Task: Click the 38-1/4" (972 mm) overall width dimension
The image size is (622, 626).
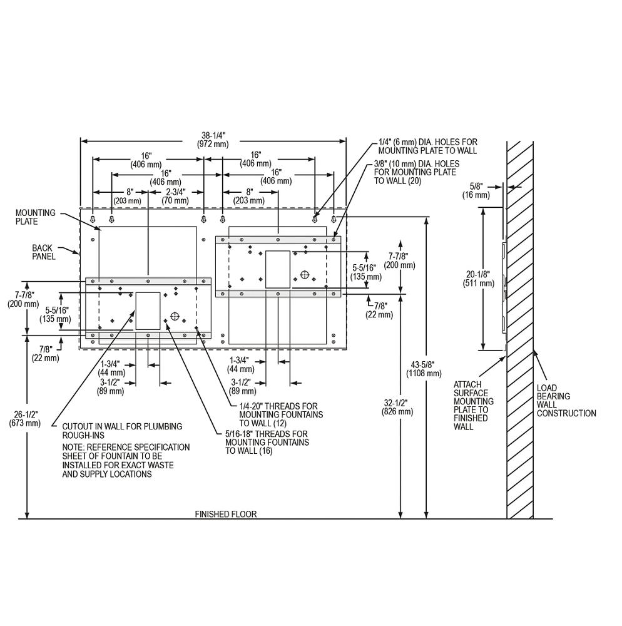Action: click(x=213, y=140)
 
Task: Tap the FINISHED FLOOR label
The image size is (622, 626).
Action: click(x=226, y=514)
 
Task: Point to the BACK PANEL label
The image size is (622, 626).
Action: click(x=44, y=252)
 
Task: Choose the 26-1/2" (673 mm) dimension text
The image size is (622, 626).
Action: click(x=25, y=418)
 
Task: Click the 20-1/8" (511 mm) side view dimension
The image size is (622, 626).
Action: click(x=478, y=279)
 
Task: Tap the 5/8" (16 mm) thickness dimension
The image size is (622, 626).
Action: click(x=476, y=191)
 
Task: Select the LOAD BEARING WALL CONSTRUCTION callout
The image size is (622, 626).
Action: click(x=566, y=401)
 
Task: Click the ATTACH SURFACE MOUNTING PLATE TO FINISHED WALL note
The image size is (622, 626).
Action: click(x=474, y=406)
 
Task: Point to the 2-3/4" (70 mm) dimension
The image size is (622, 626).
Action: click(x=175, y=195)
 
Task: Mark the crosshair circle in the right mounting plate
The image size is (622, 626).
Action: click(x=304, y=275)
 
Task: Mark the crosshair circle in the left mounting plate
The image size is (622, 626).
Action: click(x=175, y=316)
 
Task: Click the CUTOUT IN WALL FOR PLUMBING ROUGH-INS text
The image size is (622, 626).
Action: click(x=122, y=431)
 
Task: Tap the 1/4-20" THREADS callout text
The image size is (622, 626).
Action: click(x=281, y=414)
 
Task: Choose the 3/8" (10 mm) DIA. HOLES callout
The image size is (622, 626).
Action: click(x=417, y=172)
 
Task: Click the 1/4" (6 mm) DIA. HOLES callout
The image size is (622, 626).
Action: click(x=427, y=146)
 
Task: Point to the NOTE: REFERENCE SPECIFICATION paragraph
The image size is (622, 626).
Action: click(x=126, y=460)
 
